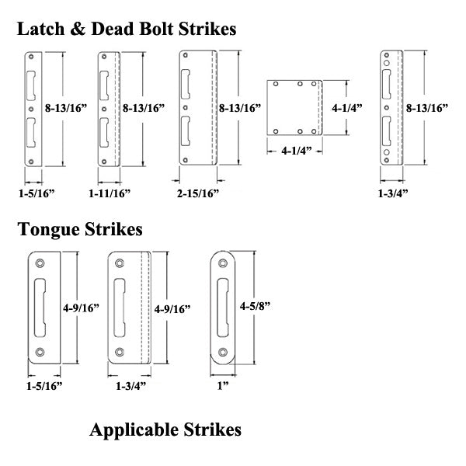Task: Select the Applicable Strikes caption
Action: click(165, 429)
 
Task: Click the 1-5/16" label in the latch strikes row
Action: click(34, 191)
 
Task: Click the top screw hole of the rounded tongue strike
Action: click(222, 263)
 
